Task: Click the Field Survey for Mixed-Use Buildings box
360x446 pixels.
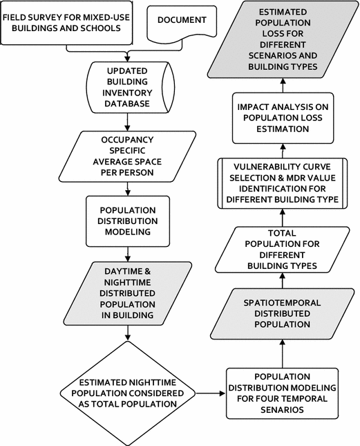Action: pyautogui.click(x=68, y=25)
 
